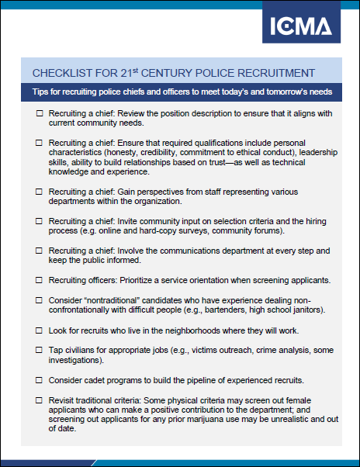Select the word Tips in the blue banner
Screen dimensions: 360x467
tap(41, 92)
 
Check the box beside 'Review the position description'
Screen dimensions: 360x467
tap(40, 114)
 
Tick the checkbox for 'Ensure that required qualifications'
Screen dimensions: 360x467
tap(40, 144)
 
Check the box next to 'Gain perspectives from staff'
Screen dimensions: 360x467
tap(40, 191)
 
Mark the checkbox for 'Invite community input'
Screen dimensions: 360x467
tap(40, 221)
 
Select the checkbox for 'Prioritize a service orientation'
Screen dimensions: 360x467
tap(40, 280)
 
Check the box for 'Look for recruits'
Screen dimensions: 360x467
tap(40, 330)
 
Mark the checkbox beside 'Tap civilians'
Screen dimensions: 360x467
tap(40, 350)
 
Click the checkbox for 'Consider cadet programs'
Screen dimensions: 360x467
tap(40, 380)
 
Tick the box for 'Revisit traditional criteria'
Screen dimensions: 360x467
tap(40, 400)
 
